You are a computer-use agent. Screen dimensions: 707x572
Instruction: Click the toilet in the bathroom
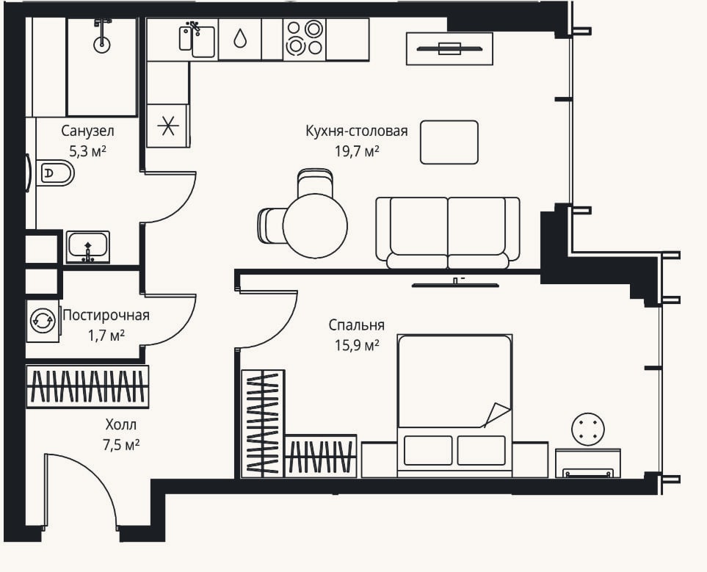54,173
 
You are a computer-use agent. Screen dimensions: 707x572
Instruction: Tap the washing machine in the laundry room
43,321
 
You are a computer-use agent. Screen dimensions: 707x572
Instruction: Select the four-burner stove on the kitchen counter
305,38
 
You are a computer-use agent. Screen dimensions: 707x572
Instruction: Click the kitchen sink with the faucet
197,39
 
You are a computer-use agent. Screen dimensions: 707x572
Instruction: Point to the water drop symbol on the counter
240,39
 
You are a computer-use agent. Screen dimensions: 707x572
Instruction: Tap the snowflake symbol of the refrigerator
167,126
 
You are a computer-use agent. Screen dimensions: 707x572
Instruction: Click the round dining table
315,225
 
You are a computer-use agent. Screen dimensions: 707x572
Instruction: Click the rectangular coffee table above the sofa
449,142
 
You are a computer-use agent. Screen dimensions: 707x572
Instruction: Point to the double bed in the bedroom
454,405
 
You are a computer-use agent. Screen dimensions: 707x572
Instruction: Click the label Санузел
87,131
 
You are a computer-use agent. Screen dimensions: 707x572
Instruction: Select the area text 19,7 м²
357,151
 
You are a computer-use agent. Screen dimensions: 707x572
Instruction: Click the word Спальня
356,325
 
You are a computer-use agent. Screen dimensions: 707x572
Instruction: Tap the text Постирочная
106,315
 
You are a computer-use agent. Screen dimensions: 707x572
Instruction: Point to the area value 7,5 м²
121,445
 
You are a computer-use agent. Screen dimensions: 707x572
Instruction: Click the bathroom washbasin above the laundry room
88,247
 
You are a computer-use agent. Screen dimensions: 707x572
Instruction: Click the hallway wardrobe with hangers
87,387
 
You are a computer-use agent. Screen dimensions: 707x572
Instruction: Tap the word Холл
121,425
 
